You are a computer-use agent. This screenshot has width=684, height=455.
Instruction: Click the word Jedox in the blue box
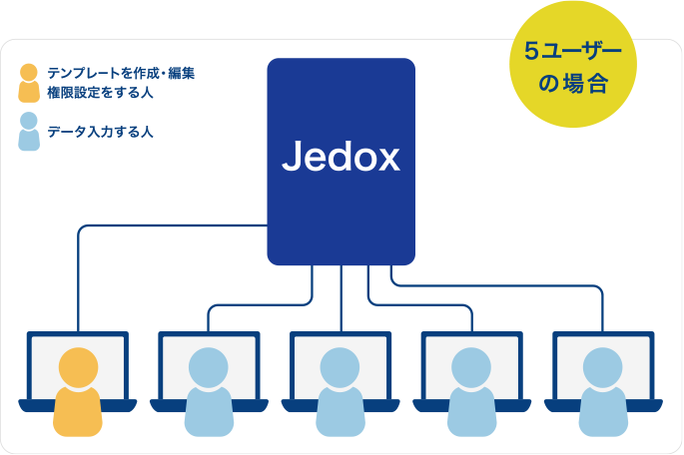tap(341, 158)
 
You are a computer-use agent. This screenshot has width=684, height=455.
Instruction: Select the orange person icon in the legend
tap(29, 83)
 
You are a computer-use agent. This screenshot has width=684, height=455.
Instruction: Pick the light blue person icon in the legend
tap(29, 131)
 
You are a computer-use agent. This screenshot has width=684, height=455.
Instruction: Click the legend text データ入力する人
tap(100, 132)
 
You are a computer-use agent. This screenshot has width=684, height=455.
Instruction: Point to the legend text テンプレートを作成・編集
tap(120, 74)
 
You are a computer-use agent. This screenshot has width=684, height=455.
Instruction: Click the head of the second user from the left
tap(209, 366)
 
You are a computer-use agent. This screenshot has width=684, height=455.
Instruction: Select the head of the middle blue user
tap(341, 366)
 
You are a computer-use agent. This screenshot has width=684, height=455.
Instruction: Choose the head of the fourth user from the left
tap(471, 366)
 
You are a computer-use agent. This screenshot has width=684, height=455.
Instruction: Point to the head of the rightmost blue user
tap(603, 366)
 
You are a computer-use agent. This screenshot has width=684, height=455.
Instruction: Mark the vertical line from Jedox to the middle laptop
tap(341, 299)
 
